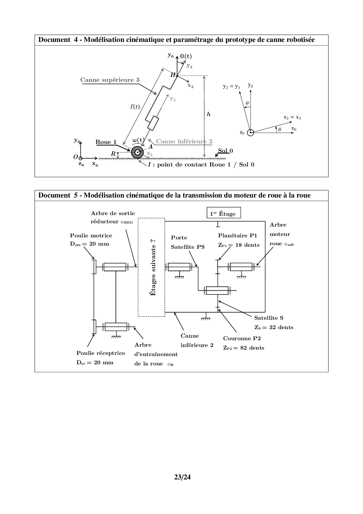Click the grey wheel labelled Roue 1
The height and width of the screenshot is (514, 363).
[137, 152]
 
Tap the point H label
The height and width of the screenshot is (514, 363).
[173, 75]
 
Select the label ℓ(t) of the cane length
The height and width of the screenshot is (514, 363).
[135, 107]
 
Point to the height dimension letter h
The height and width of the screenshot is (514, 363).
[208, 114]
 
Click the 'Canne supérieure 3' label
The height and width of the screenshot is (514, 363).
[110, 80]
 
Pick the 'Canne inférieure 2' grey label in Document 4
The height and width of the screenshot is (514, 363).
[184, 141]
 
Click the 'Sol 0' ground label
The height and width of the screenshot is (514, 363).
[225, 151]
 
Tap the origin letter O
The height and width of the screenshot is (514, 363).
[76, 157]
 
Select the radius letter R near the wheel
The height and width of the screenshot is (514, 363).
[113, 154]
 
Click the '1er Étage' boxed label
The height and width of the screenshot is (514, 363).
[223, 214]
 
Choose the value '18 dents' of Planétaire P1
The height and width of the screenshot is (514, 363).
[247, 245]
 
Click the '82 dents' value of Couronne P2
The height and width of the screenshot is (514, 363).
[252, 348]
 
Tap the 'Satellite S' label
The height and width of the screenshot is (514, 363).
[269, 318]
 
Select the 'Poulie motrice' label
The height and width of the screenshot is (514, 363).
[91, 235]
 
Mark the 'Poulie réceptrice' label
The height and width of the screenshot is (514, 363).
[101, 353]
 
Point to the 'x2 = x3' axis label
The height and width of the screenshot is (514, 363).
[292, 117]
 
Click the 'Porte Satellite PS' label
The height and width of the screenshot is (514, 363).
[188, 242]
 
